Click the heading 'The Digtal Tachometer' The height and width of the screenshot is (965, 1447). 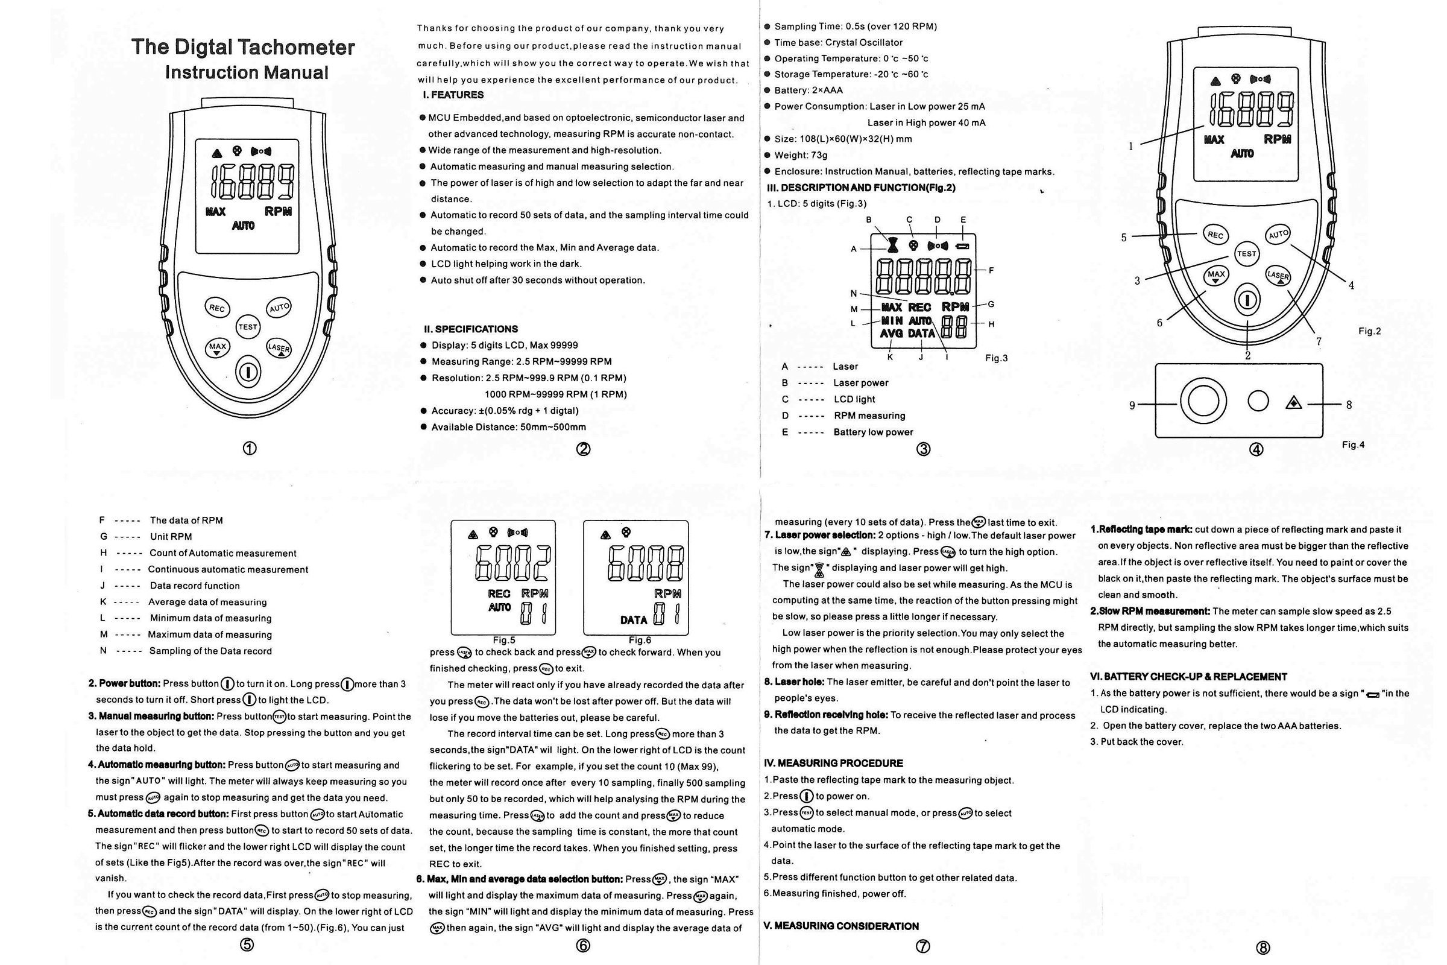click(x=243, y=48)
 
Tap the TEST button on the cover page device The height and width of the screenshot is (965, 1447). click(x=248, y=327)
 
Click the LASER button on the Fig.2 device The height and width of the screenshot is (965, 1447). click(x=1278, y=276)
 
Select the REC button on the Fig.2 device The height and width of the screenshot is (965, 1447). click(x=1215, y=235)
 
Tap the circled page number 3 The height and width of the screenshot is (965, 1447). click(x=924, y=449)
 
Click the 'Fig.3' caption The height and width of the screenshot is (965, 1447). click(x=996, y=358)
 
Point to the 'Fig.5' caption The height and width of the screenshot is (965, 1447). click(x=504, y=640)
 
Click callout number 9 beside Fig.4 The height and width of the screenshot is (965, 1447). click(x=1132, y=405)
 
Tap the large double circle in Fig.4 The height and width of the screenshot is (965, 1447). click(x=1203, y=401)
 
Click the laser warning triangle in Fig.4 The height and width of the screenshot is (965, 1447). click(x=1294, y=403)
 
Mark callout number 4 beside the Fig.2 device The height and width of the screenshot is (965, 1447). click(x=1351, y=285)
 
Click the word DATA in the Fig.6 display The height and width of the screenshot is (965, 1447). click(x=633, y=620)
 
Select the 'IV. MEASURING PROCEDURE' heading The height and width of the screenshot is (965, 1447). click(x=833, y=763)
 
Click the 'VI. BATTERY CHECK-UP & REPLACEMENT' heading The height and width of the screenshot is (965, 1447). click(x=1188, y=677)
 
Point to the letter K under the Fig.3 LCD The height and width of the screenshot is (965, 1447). click(x=890, y=358)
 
